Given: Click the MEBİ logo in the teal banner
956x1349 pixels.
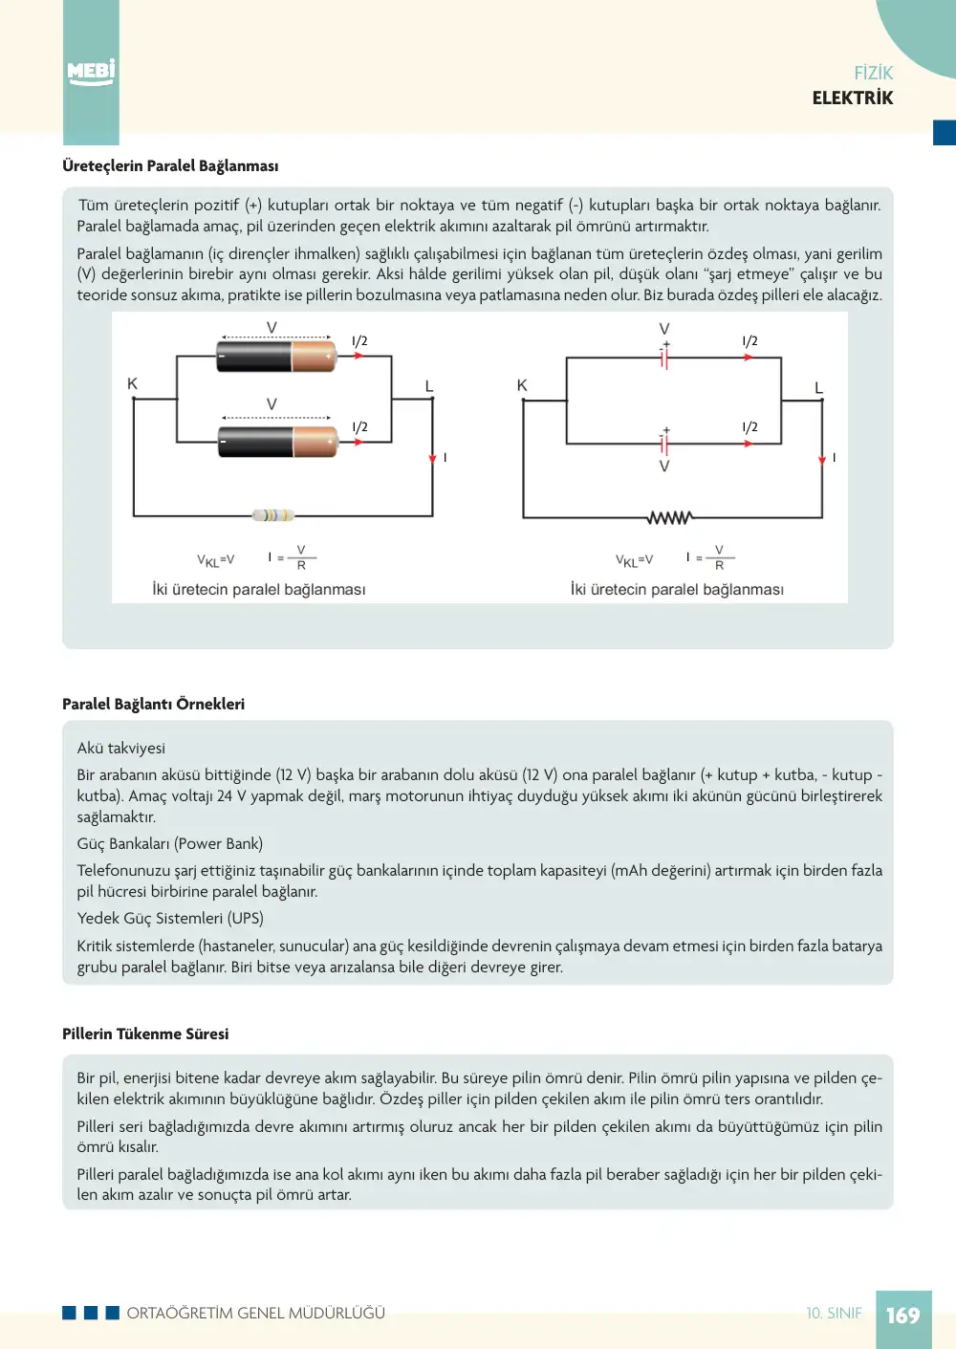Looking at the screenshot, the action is (91, 73).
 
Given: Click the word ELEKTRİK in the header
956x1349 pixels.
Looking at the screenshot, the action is (853, 98).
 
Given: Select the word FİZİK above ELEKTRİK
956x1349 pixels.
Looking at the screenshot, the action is (874, 73).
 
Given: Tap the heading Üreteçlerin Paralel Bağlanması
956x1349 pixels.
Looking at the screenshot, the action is (170, 166).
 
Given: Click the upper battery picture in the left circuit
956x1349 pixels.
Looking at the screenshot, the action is (276, 356).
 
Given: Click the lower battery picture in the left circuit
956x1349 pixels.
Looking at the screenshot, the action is (277, 442).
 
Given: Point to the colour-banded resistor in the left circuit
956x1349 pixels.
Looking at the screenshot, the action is (273, 515).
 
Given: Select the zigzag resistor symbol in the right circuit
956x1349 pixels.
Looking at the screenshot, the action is (670, 518).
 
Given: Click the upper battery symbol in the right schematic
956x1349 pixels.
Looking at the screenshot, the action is (664, 357).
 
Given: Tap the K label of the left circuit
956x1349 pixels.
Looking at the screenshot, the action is (133, 383).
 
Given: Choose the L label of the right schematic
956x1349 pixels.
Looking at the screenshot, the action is (818, 388).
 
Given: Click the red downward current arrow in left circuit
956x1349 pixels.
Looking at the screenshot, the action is (432, 459).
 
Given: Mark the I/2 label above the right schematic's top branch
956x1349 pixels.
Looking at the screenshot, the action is (750, 341).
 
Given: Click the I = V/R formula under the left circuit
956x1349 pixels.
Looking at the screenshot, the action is (292, 557).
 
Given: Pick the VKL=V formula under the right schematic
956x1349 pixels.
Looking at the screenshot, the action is (634, 560).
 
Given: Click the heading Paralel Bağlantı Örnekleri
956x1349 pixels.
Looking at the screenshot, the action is (154, 704).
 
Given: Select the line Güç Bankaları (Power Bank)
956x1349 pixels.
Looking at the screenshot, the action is (170, 844).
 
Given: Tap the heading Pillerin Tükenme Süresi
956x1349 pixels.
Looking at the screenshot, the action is (145, 1034).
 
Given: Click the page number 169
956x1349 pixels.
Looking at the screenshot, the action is (903, 1316).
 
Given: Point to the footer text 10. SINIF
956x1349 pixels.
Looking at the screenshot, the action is (834, 1314).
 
